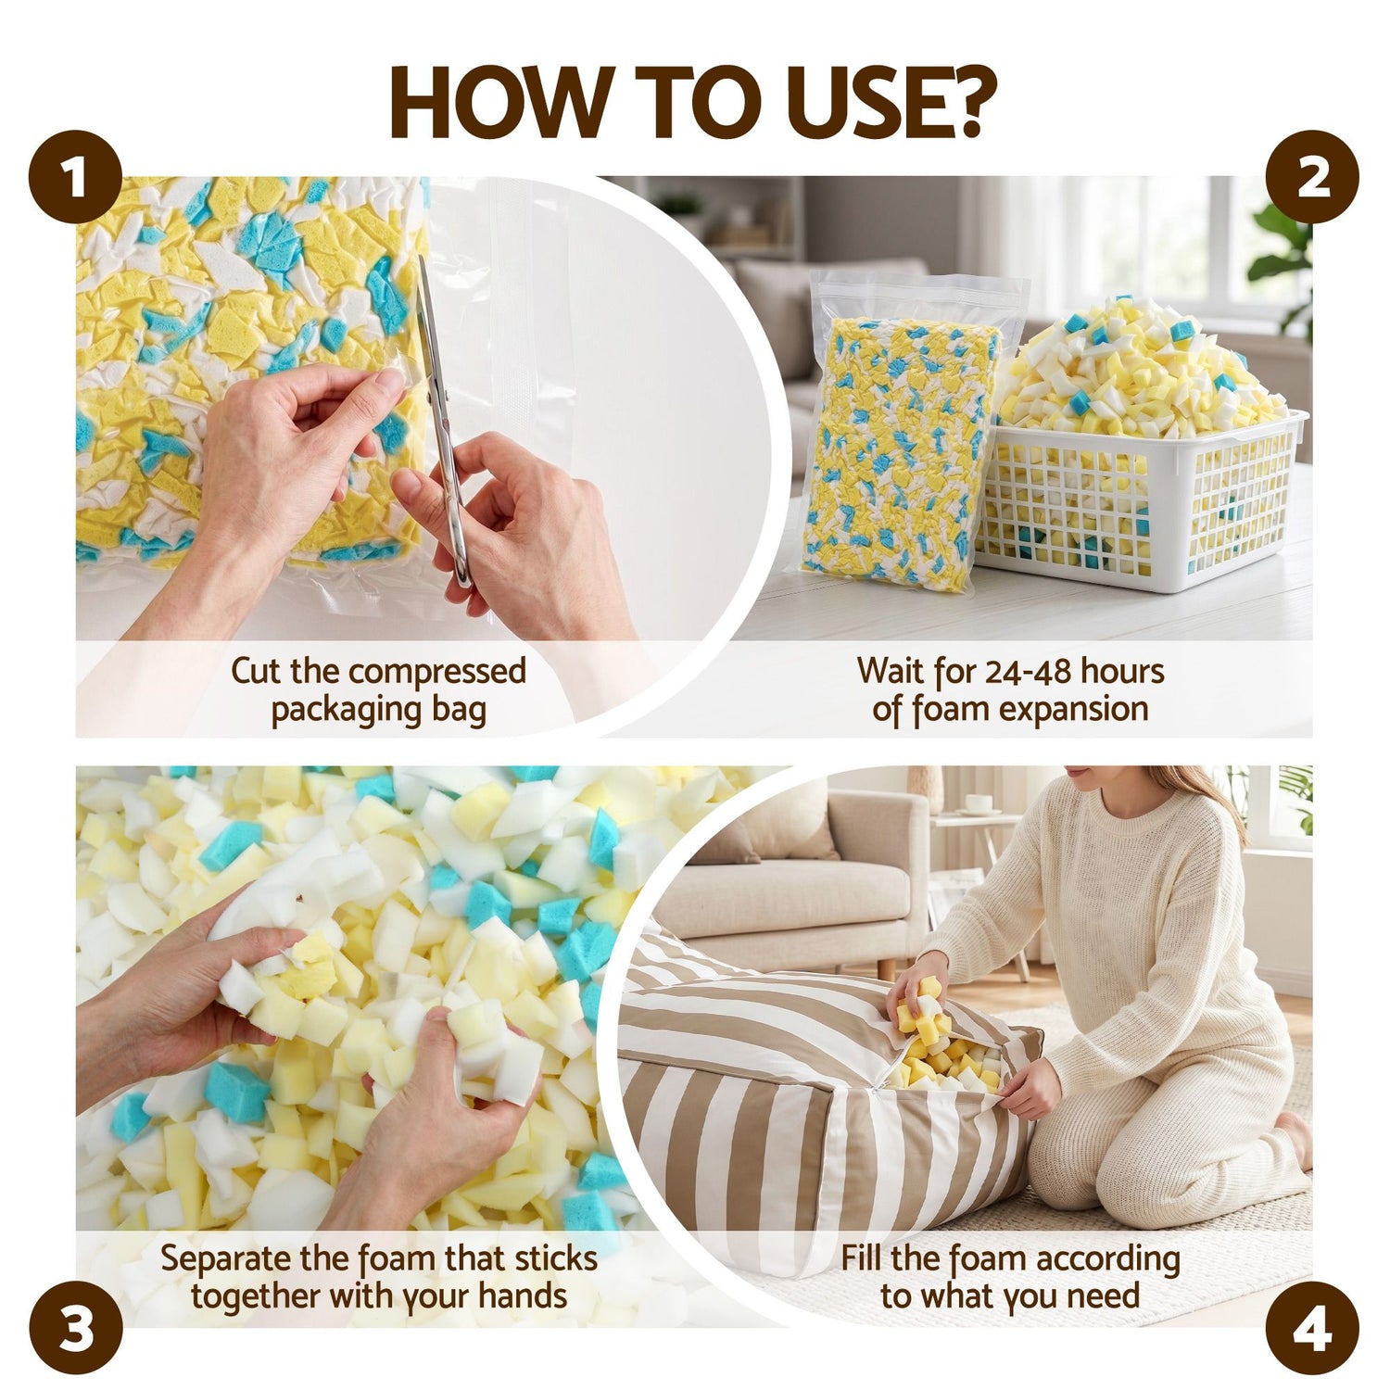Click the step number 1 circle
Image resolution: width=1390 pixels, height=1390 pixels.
76,178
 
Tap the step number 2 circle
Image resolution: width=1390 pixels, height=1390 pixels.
1312,178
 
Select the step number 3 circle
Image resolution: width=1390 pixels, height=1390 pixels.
76,1328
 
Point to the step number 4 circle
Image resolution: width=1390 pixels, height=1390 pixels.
1312,1328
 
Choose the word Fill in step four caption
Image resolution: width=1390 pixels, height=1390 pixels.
862,1258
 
